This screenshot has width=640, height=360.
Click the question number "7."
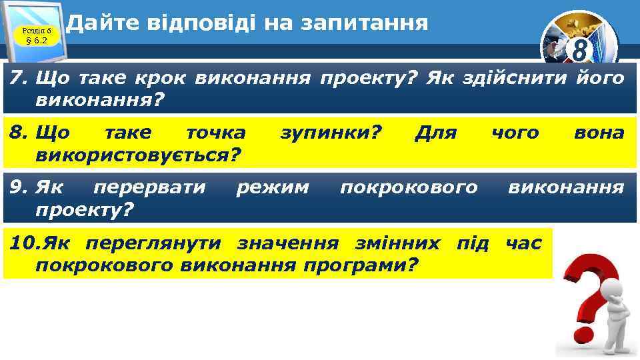coord(18,79)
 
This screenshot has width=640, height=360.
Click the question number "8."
coord(18,133)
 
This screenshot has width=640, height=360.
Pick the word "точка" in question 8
coord(215,133)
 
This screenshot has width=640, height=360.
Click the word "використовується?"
coord(139,155)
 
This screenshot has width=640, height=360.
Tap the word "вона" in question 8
coord(599,133)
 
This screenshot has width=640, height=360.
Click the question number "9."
coord(18,187)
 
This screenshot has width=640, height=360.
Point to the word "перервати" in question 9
coord(150,187)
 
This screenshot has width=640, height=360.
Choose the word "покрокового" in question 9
coord(409,187)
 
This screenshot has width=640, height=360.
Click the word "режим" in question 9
coord(273,187)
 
